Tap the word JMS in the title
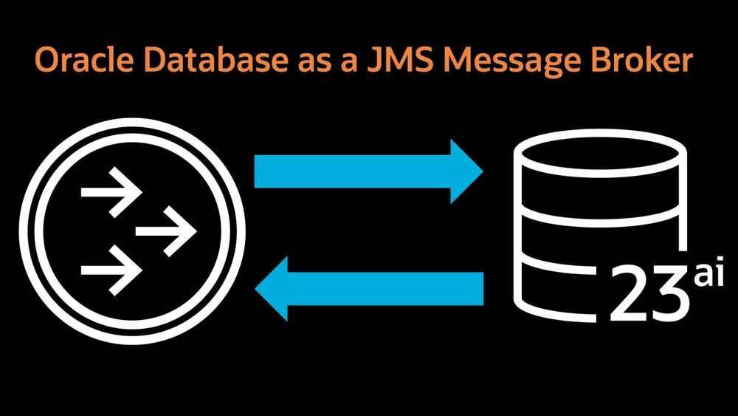coord(392,61)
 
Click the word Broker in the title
coord(646,61)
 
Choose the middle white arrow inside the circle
coord(166,231)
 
